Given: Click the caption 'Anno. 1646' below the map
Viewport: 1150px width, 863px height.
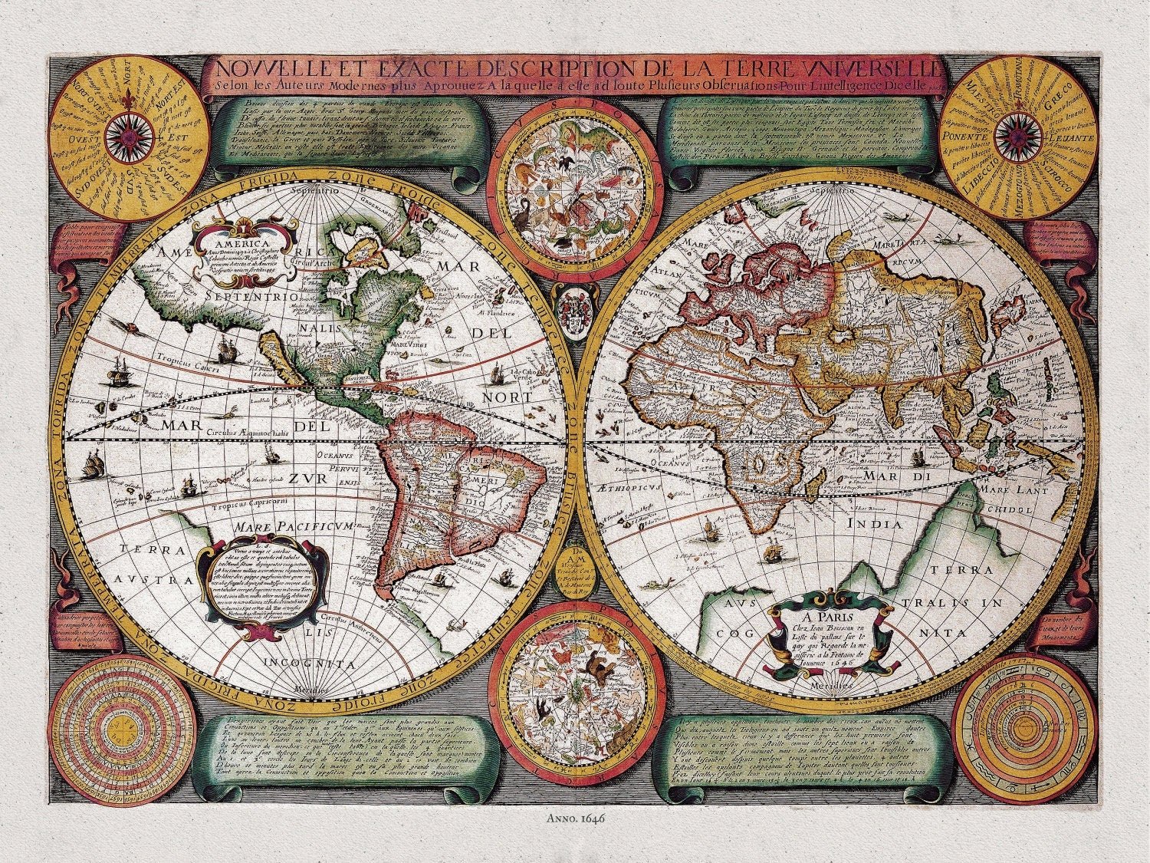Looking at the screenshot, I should pos(575,818).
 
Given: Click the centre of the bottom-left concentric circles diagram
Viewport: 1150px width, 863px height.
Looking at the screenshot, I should pos(123,723).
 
